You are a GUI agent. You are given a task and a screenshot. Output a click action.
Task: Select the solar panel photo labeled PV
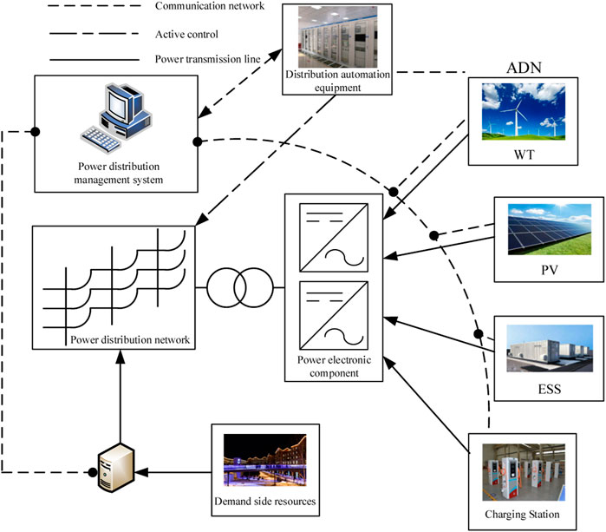[x=542, y=229]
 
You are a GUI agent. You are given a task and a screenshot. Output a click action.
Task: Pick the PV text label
[x=544, y=271]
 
